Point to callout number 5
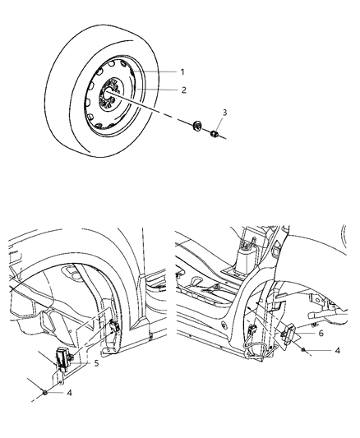pos(97,362)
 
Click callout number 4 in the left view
pos(69,393)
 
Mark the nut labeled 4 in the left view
pos(44,391)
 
